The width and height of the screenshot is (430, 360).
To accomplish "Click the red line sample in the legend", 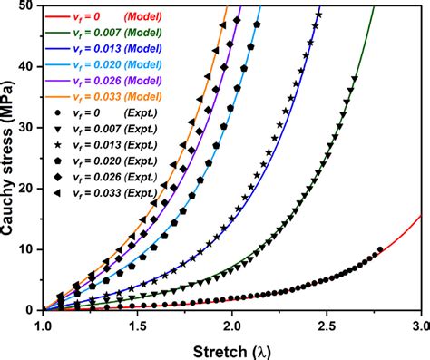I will click(x=58, y=15).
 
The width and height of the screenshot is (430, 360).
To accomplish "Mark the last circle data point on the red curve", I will click(x=380, y=249).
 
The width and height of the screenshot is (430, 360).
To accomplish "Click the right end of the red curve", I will click(x=421, y=215).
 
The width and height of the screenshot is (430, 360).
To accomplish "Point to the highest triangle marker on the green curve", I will click(x=354, y=79).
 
